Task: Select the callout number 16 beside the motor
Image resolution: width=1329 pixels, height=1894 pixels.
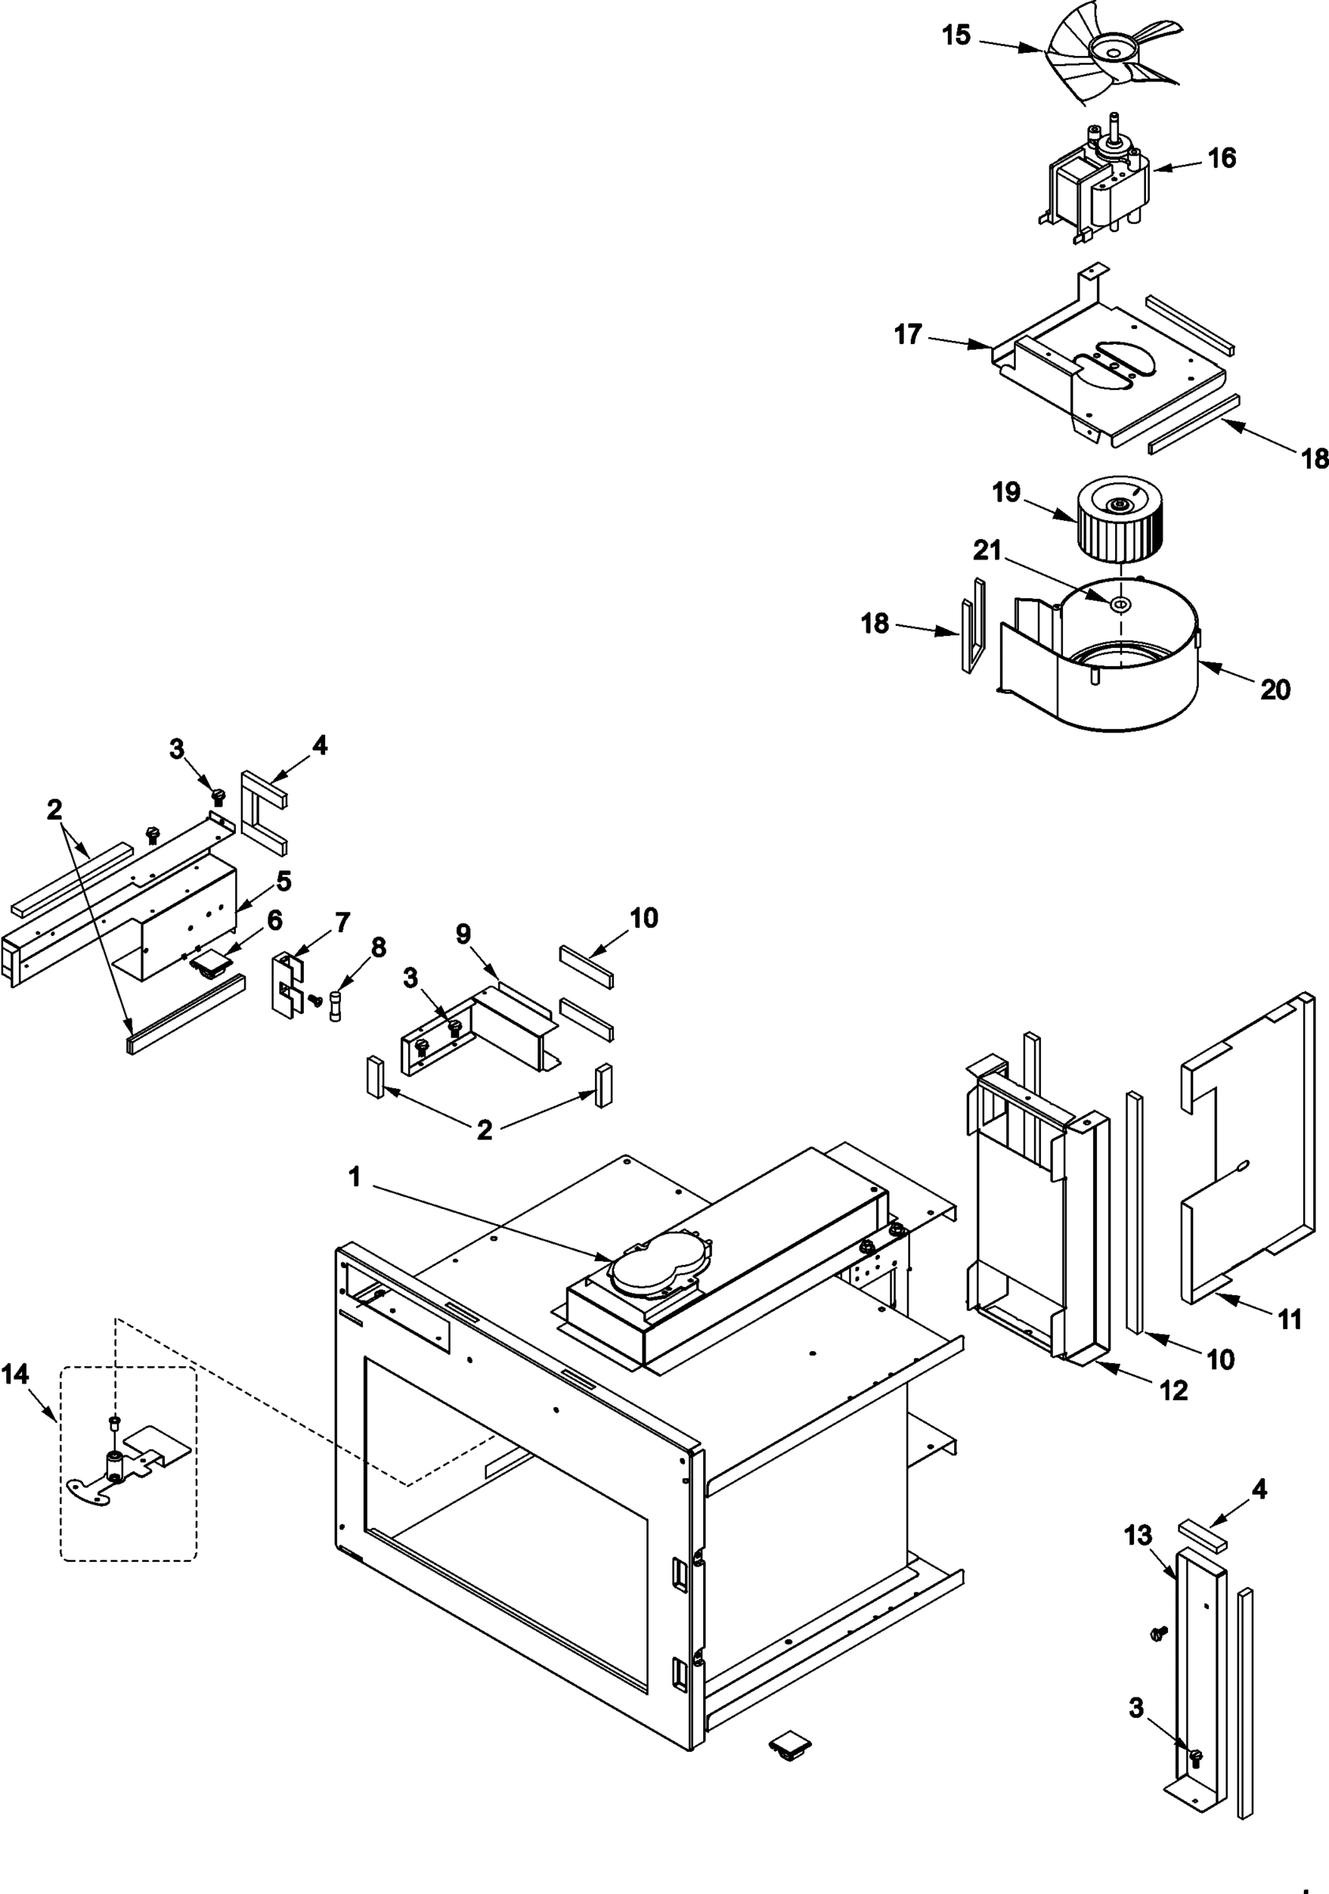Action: [1222, 158]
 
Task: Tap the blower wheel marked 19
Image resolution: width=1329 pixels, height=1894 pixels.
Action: [1113, 520]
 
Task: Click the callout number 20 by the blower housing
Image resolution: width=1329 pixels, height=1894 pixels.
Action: [1275, 689]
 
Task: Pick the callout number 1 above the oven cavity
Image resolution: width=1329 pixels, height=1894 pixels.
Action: [354, 1177]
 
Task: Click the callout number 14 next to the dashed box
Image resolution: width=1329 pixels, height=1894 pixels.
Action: [15, 1373]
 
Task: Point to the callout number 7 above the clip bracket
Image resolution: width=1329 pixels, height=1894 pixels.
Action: [342, 922]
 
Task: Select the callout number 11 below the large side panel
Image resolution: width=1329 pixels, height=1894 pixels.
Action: [1290, 1319]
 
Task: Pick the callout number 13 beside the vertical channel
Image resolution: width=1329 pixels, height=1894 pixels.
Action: [1139, 1536]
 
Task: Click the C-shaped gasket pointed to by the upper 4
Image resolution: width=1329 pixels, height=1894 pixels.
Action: [262, 813]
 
